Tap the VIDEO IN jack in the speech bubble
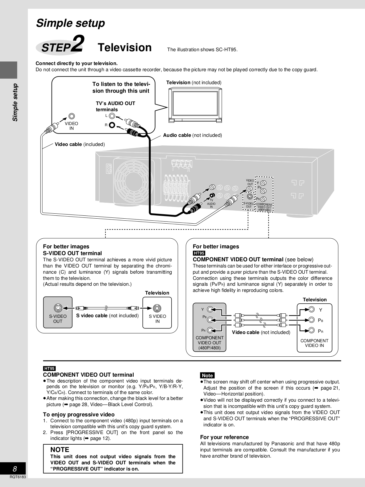pos(72,117)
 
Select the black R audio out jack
pos(112,125)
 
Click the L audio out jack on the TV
pos(112,116)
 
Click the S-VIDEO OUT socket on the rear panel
pos(249,197)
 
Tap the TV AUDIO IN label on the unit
pos(211,204)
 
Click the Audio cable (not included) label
pos(193,135)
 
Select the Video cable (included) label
pos(80,144)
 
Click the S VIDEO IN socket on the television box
pos(157,308)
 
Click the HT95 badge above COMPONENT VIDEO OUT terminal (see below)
pos(199,253)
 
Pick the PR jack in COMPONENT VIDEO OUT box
pos(210,330)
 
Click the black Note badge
pos(207,375)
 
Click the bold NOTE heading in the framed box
pos(60,450)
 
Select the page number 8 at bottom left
pos(15,469)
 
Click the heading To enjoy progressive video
pos(79,415)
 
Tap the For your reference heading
pos(224,437)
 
